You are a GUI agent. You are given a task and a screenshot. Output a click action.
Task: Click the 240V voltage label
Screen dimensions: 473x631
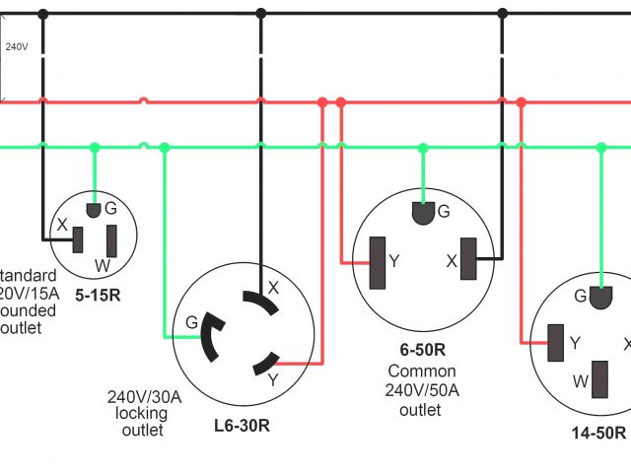click(16, 46)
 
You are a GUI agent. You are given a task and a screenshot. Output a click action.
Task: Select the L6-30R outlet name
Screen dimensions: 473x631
click(243, 427)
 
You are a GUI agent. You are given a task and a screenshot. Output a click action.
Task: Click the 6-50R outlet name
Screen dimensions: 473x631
click(422, 350)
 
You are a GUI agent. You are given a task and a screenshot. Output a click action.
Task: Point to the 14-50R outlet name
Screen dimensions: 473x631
click(598, 433)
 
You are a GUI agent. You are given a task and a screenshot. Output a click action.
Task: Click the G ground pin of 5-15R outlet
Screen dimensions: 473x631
click(94, 210)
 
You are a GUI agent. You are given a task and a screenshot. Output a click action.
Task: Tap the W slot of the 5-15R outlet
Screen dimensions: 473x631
click(111, 240)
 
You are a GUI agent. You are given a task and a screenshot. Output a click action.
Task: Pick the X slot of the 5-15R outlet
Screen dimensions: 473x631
click(78, 238)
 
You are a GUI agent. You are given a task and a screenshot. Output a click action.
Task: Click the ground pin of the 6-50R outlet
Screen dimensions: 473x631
click(422, 213)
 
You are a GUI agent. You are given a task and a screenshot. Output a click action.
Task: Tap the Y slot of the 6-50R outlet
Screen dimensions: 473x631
click(376, 263)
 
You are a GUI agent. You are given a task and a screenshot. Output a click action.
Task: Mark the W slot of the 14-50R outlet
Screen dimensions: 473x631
click(598, 379)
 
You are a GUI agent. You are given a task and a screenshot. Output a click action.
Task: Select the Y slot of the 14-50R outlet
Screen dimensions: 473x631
click(555, 343)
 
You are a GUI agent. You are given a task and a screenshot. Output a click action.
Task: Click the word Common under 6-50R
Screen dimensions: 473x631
click(422, 372)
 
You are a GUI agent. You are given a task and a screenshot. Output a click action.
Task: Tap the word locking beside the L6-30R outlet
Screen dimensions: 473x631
click(142, 414)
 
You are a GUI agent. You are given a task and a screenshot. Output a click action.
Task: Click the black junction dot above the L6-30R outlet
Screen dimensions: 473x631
click(261, 14)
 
